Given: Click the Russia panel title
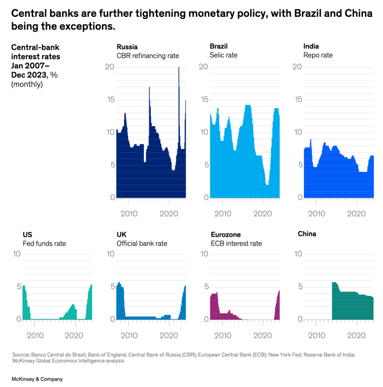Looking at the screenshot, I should point(127,46).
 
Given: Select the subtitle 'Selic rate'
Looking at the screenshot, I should point(223,55).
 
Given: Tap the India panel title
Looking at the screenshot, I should point(311,46).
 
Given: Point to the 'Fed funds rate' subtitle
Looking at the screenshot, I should point(44,244).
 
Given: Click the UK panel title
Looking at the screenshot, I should point(121,235).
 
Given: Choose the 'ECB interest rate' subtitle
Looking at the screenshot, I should point(236,244).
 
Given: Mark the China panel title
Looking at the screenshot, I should point(307,234).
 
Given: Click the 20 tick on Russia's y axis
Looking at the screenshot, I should point(110,67).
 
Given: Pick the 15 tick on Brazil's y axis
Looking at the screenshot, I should point(204,99).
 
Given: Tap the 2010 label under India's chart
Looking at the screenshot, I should point(316,214).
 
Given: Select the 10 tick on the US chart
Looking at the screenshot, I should point(17,254).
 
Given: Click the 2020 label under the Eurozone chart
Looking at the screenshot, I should point(262,335).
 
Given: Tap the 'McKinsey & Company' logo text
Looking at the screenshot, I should point(37,379).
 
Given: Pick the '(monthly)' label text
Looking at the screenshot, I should point(27,84).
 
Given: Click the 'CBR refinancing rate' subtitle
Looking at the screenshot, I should point(148,56).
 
